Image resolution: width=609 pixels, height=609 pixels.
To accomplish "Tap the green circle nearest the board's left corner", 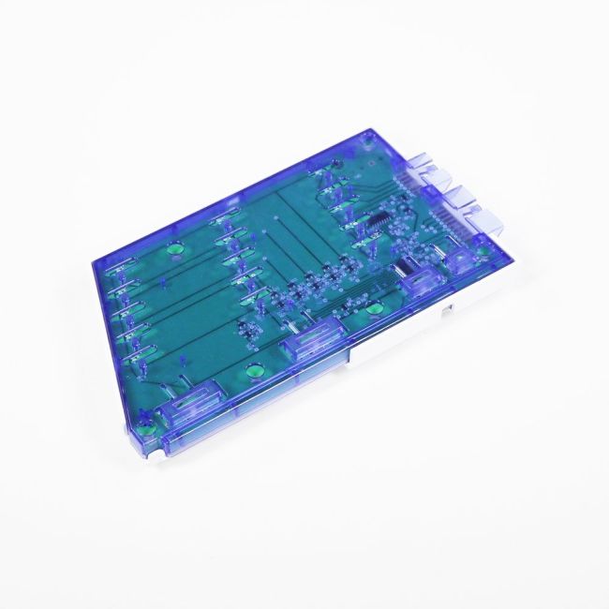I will pyautogui.click(x=171, y=250).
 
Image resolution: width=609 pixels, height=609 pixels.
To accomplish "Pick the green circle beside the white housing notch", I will pyautogui.click(x=374, y=309).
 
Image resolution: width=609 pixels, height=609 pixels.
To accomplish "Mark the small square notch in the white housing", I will pyautogui.click(x=451, y=305).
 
